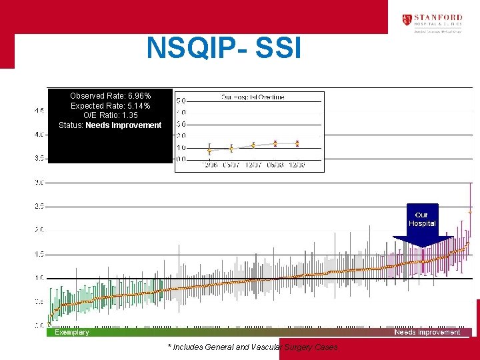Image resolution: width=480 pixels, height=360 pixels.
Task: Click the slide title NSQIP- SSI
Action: pos(224,48)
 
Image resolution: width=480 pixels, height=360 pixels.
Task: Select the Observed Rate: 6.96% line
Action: pos(110,96)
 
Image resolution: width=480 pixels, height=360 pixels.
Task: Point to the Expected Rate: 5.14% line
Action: pos(110,106)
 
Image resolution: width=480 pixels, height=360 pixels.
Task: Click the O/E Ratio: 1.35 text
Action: pos(110,115)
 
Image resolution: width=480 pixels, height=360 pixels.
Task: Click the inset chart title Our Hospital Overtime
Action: pos(253,97)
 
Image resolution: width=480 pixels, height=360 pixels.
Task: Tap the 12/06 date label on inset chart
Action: pos(209,165)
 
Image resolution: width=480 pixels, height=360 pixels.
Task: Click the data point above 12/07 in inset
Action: pos(253,145)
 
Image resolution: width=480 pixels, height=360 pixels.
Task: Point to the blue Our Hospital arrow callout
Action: pos(422,223)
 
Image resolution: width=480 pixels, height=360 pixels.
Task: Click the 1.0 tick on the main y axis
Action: pos(39,278)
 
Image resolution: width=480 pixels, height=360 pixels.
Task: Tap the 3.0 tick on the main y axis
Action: pos(39,182)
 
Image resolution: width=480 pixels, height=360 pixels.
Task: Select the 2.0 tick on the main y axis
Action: pos(39,230)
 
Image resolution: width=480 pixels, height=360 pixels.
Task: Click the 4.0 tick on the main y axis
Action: pos(39,135)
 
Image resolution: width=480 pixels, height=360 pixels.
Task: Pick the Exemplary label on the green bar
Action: pos(72,332)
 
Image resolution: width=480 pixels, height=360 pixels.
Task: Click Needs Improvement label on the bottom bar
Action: pos(427,332)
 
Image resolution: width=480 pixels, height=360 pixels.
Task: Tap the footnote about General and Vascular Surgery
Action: pos(253,347)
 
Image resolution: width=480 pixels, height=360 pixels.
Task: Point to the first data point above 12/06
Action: pos(209,150)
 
